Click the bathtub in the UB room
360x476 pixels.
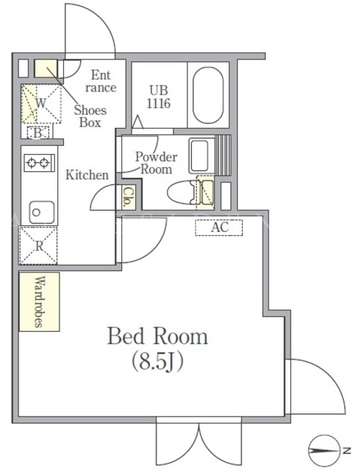(x=208, y=94)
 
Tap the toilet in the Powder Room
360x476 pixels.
(x=181, y=192)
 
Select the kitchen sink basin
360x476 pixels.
(x=42, y=212)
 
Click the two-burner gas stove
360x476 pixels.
(x=39, y=163)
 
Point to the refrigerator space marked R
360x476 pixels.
(x=39, y=245)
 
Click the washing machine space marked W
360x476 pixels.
(x=41, y=103)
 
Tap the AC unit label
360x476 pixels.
(x=219, y=227)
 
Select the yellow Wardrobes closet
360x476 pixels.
(x=39, y=301)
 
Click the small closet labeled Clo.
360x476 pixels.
(x=129, y=197)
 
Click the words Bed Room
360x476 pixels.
(x=158, y=336)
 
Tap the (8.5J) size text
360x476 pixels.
(x=158, y=361)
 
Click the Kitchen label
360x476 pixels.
(x=87, y=175)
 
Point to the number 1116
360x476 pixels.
(x=158, y=103)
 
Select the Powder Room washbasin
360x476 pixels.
(x=199, y=155)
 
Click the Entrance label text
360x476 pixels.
(x=100, y=81)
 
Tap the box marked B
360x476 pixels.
(x=38, y=132)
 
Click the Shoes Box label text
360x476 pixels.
(x=90, y=116)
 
